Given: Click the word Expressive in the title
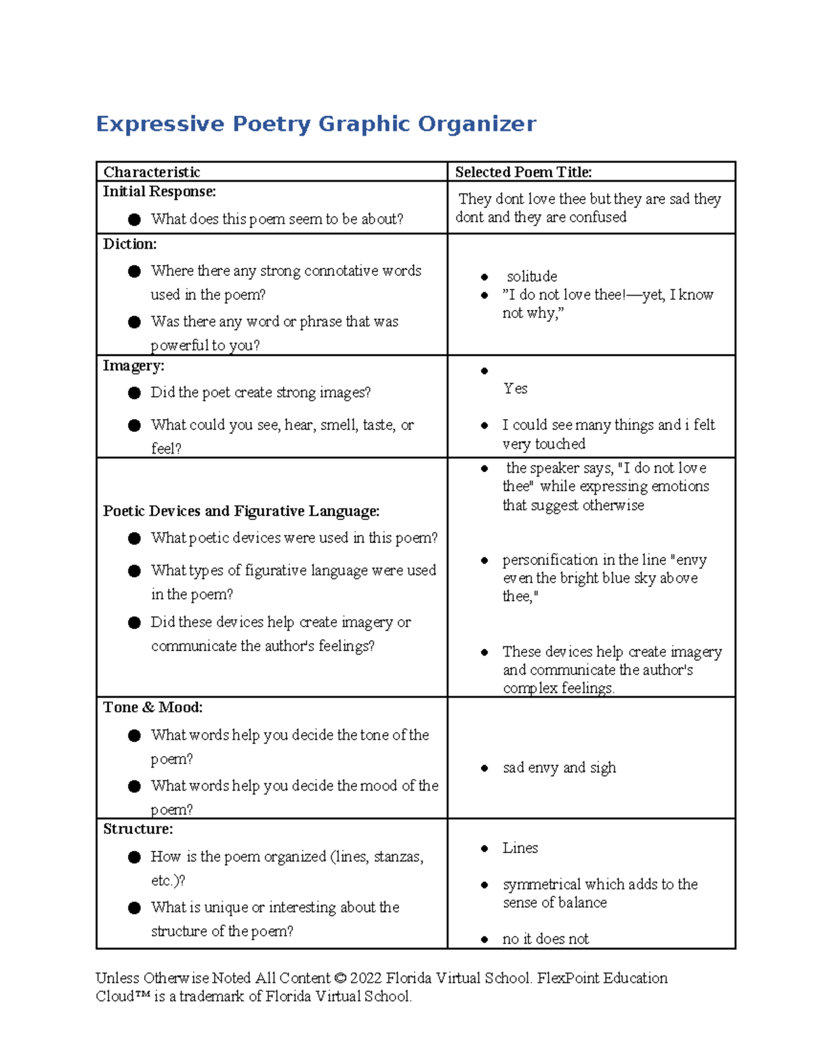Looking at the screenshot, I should click(x=160, y=124).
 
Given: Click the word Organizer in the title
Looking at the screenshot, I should click(x=477, y=124).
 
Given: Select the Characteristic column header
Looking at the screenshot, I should click(x=152, y=172).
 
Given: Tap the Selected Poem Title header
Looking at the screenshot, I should click(x=523, y=172).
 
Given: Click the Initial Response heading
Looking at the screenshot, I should click(x=159, y=192).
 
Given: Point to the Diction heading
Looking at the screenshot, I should click(x=129, y=244).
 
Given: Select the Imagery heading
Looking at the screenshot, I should click(x=133, y=366).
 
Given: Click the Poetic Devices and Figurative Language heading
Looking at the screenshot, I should click(x=241, y=511).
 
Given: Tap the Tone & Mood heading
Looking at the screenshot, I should click(x=152, y=708).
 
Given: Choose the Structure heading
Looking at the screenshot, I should click(x=138, y=829).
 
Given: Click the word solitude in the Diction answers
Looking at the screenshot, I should click(x=532, y=277).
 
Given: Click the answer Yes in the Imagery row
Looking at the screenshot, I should click(x=515, y=389).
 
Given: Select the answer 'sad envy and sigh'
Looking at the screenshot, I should click(x=559, y=768).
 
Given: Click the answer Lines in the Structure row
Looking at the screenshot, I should click(x=520, y=848).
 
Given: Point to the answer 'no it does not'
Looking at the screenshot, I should click(x=545, y=939).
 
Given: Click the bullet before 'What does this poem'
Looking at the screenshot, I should click(x=134, y=219).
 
